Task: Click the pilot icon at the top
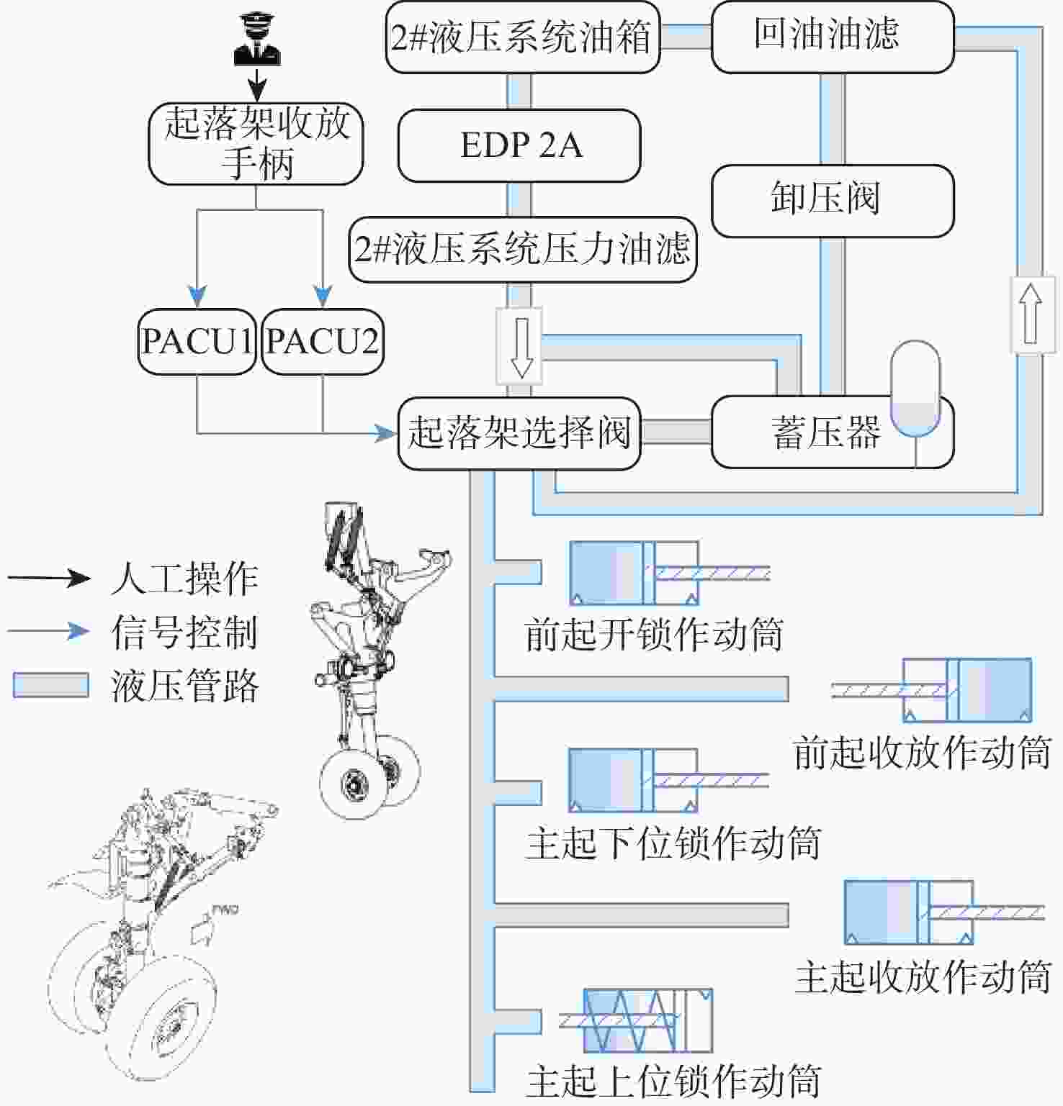coord(257,40)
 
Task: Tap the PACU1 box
coord(197,342)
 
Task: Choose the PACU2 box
coord(322,342)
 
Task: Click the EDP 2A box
coord(519,145)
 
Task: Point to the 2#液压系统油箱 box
coord(522,37)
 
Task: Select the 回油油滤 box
coord(832,37)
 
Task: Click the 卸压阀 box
coord(832,200)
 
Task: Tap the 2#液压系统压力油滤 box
coord(522,249)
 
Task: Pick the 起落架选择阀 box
coord(519,433)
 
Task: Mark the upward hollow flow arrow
coord(1030,314)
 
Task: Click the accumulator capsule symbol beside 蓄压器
coord(915,389)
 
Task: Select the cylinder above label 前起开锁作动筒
coord(634,573)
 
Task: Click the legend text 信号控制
coord(184,632)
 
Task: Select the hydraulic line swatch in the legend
coord(50,685)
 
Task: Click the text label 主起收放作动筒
coord(923,977)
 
